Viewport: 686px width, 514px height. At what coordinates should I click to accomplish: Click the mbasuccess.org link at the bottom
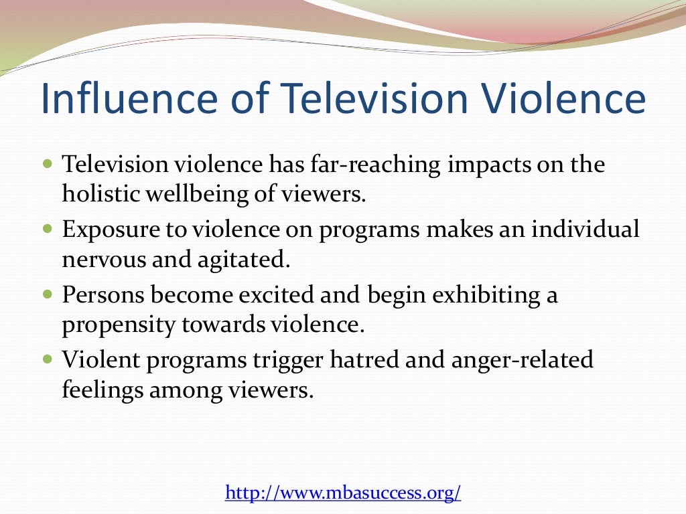343,493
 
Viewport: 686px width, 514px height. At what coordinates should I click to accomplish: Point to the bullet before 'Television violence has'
47,163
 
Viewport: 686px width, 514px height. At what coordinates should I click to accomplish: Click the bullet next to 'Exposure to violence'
47,229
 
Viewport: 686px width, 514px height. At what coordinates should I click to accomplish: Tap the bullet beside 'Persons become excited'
47,294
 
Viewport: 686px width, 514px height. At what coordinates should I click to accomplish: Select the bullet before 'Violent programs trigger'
47,359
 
